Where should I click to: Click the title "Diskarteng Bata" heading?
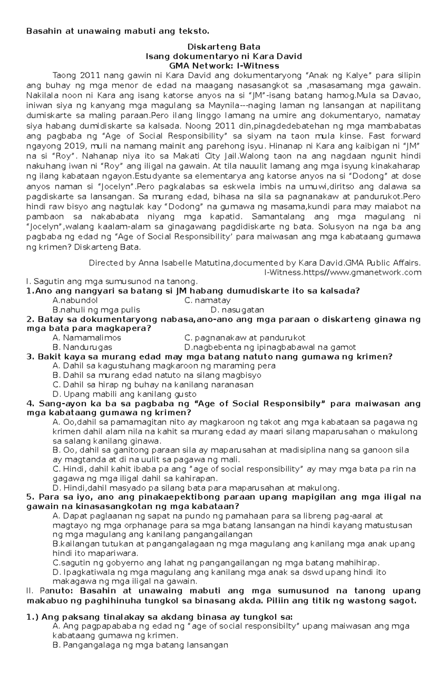[223, 47]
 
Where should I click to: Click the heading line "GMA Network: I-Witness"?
[223, 66]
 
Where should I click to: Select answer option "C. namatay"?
[208, 301]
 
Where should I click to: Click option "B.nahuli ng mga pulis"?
[96, 310]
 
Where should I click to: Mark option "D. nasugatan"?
[237, 310]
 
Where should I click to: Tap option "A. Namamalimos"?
[87, 338]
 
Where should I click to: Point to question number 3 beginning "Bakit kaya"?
[209, 356]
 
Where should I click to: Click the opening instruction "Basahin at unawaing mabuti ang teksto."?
[115, 31]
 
